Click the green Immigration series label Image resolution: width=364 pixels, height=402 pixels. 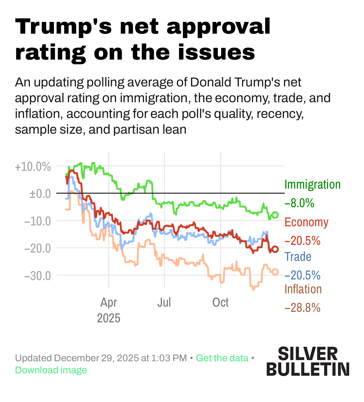point(312,185)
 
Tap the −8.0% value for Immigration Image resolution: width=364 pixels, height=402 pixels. point(299,203)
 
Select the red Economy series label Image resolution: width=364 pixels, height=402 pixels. point(306,222)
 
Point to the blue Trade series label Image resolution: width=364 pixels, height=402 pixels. point(298,257)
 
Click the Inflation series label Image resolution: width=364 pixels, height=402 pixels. point(303,289)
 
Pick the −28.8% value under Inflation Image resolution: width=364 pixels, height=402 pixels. point(302,308)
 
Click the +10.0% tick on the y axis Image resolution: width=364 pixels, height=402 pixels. point(33,167)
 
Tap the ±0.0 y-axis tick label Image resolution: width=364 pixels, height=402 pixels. point(40,194)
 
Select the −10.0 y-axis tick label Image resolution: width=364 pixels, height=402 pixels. point(38,221)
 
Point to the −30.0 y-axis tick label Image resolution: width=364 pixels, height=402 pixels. point(38,275)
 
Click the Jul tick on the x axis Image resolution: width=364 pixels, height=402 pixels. point(164,303)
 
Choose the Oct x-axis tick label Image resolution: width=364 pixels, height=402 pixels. point(220,303)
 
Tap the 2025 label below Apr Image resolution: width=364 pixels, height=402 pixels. point(109,318)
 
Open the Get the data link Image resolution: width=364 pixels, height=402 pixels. point(222,358)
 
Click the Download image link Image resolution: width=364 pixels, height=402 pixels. point(51,370)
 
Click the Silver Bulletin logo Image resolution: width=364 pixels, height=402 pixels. point(308,361)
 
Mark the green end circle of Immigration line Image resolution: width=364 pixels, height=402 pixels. point(275,215)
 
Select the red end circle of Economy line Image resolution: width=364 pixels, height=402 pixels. point(275,249)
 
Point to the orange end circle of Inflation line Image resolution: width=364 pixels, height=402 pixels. point(275,272)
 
